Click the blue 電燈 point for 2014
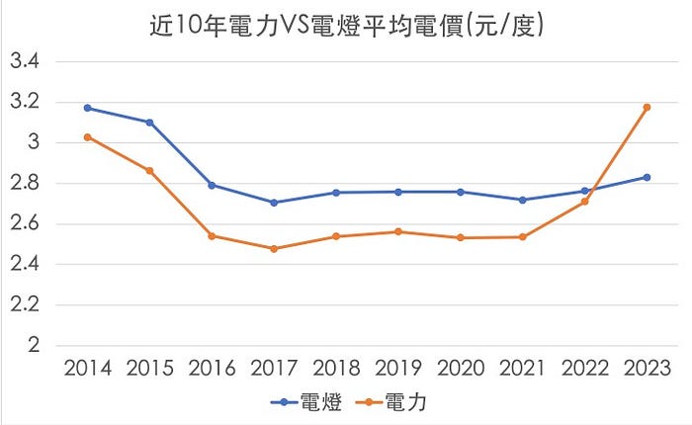[x=88, y=108]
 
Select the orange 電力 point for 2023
[x=648, y=107]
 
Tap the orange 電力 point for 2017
[x=274, y=249]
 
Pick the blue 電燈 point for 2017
[x=274, y=203]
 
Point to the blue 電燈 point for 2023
[x=648, y=177]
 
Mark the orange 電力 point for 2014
[x=88, y=137]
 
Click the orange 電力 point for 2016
[x=212, y=236]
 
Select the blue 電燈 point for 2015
[x=150, y=123]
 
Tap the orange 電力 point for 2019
[x=398, y=232]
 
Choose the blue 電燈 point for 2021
[x=523, y=200]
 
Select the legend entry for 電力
[x=393, y=401]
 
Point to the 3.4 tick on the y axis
[x=24, y=61]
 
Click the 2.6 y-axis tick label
[x=24, y=224]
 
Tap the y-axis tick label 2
[x=33, y=346]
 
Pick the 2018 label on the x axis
[x=336, y=370]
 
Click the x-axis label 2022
[x=585, y=370]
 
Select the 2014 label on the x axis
[x=88, y=370]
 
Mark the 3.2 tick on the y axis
[x=24, y=102]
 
